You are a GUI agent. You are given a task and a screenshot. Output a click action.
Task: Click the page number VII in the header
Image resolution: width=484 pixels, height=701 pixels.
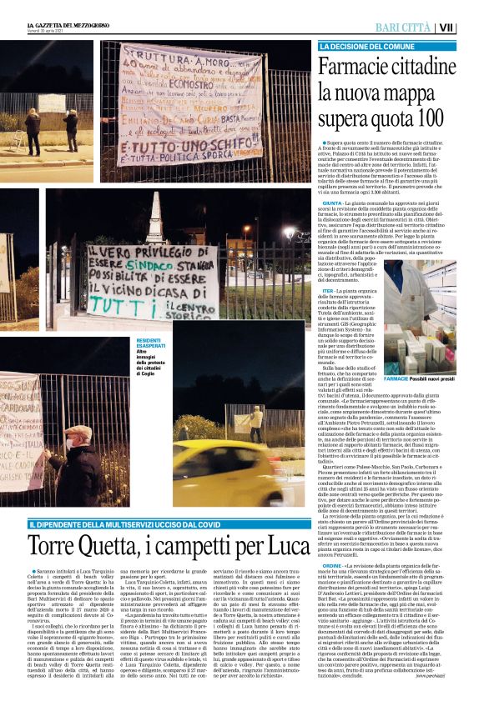click(469, 28)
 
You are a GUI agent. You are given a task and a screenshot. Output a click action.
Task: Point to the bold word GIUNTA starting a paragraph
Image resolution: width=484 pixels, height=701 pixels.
click(331, 203)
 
